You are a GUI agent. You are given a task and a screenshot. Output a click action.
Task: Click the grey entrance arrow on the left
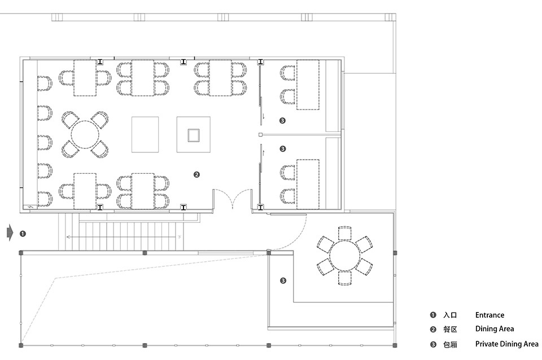10,233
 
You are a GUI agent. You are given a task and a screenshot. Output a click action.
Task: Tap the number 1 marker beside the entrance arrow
23,234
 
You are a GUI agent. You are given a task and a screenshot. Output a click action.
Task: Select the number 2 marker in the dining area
196,175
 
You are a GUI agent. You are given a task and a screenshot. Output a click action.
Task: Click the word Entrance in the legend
489,315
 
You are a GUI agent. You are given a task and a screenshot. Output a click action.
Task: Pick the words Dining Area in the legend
495,329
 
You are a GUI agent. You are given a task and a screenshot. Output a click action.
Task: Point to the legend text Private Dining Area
507,344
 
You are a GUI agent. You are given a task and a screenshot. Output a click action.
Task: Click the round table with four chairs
85,134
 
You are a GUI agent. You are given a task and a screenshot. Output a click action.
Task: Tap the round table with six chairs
344,256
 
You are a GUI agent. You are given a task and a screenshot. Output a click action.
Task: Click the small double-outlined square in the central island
194,135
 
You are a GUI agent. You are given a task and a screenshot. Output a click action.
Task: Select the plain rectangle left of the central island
145,134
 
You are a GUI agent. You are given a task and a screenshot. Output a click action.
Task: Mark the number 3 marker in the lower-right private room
283,280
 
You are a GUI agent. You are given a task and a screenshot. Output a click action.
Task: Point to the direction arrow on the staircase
124,237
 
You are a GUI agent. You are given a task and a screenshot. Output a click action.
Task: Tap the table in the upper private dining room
308,85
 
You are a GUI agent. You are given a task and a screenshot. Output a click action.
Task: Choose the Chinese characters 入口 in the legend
450,315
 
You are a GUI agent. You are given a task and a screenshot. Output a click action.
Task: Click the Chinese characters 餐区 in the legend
450,330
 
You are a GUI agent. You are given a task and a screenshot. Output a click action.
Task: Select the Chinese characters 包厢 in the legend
450,344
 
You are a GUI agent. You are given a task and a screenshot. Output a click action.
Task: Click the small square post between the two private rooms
261,135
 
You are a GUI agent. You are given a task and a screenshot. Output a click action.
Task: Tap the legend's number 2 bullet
433,330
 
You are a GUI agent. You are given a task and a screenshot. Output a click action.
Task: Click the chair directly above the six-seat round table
344,233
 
